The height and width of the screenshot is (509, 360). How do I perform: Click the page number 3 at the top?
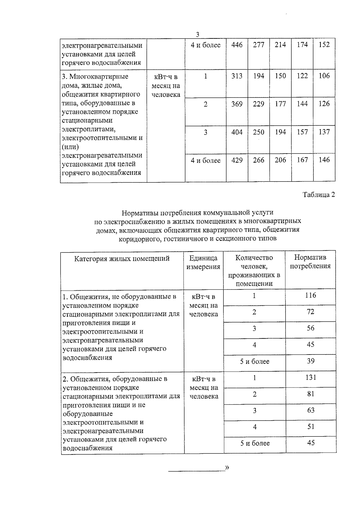point(197,34)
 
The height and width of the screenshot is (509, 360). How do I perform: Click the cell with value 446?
point(237,45)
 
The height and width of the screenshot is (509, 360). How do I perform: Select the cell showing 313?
point(237,76)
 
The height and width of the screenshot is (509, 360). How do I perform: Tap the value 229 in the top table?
point(259,104)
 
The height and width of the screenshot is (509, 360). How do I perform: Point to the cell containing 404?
point(237,132)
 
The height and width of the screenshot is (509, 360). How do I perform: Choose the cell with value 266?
point(259,160)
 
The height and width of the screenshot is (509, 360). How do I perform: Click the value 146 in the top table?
point(324,160)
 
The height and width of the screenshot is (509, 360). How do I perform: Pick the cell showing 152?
point(324,45)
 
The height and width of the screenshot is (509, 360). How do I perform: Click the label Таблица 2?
point(319,195)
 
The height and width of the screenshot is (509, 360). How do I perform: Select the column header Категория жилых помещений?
point(122,259)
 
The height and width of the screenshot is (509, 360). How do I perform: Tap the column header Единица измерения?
point(203,262)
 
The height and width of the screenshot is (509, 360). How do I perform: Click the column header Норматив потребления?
point(310,262)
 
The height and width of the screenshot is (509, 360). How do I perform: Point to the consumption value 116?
point(311,295)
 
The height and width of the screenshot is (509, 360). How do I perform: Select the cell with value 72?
point(311,312)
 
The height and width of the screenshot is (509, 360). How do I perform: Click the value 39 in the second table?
point(311,361)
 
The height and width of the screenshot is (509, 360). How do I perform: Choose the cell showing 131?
point(311,378)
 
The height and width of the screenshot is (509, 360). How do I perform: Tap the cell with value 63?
point(311,410)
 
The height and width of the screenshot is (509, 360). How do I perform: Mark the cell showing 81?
point(311,394)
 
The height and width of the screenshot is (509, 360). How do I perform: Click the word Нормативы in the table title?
point(136,213)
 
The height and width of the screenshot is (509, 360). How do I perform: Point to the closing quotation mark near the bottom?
point(227,467)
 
